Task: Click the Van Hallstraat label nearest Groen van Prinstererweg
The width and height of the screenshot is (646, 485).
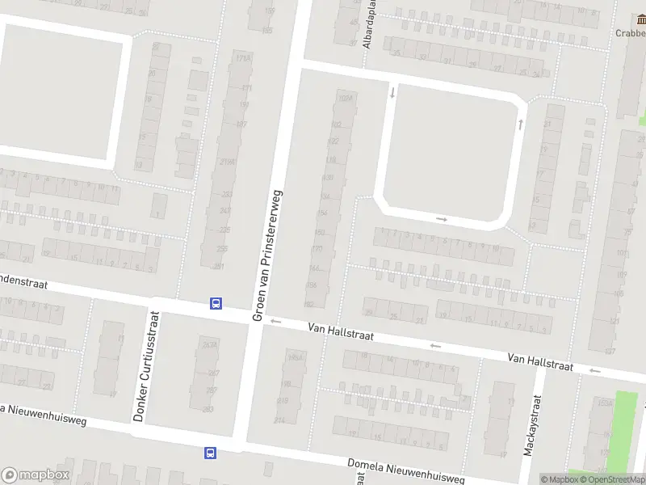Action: click(341, 332)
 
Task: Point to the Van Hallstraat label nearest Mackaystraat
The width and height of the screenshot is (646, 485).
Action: click(540, 361)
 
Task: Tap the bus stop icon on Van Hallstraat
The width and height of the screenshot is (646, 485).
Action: click(216, 304)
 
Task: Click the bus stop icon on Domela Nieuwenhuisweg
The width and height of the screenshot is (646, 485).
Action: click(210, 453)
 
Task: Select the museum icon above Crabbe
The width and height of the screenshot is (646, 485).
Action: click(640, 19)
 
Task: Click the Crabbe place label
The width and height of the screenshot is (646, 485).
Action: click(631, 33)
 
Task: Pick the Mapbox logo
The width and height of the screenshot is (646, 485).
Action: click(36, 475)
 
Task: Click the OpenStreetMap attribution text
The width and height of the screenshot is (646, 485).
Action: click(615, 479)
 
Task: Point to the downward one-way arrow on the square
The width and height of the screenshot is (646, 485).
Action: click(392, 92)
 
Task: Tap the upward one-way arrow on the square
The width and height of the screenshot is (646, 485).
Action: click(521, 124)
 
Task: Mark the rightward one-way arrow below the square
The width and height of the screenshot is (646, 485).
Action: click(442, 218)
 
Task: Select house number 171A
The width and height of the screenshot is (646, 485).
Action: click(240, 58)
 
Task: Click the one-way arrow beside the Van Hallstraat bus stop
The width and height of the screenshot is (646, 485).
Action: click(275, 322)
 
